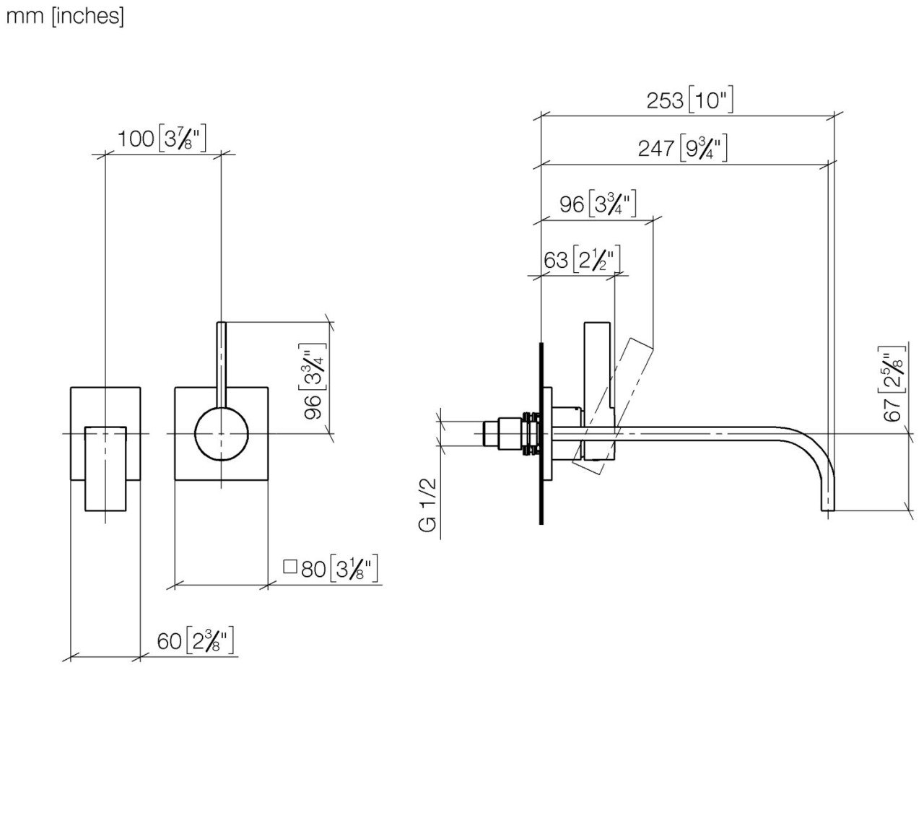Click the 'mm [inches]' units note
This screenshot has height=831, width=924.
click(x=65, y=16)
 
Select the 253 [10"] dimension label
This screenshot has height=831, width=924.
click(x=689, y=100)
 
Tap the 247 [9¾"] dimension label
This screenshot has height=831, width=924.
click(x=682, y=149)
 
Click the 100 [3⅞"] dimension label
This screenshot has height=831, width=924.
click(x=162, y=138)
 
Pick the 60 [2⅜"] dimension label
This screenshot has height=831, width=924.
click(x=196, y=640)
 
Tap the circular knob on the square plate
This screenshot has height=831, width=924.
click(x=222, y=433)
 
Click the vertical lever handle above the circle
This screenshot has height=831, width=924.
click(x=222, y=361)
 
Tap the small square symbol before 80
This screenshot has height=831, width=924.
click(x=290, y=567)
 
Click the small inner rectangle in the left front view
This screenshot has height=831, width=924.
click(x=105, y=469)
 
